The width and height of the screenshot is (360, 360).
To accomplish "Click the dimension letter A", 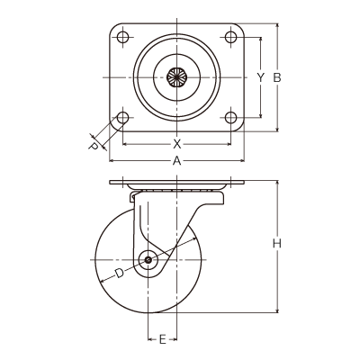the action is coord(177,161).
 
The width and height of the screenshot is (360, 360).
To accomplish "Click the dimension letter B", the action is coord(277,77).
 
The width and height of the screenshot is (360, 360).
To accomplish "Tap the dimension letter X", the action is coord(177,144).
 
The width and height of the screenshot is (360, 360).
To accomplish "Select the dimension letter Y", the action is coord(261,77).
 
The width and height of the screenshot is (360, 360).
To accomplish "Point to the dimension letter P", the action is coord(94,146).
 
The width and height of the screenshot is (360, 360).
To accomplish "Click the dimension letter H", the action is coord(277,244).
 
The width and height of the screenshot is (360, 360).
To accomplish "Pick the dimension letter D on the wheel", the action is coord(120,274).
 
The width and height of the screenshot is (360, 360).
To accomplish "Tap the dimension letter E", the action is coord(162,339).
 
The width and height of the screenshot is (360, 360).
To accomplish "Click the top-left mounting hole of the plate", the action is coord(122,37).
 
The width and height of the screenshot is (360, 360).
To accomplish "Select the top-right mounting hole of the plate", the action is coord(230,37).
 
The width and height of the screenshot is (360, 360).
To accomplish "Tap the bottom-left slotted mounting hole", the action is coord(122,118).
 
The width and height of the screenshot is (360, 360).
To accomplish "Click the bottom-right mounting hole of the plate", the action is coord(230,118).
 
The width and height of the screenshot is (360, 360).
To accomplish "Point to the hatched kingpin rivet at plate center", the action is coord(177,77).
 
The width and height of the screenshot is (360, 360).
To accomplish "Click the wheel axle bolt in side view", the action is coord(148,260).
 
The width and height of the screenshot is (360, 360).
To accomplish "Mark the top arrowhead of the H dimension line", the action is coord(277,184).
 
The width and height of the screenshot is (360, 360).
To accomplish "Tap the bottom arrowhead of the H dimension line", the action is coord(277,310).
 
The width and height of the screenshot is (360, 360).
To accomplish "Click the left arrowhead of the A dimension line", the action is coord(112,161).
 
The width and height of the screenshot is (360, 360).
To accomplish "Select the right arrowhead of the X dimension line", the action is coord(228,144).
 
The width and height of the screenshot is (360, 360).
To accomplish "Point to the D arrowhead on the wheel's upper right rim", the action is coord(194,238).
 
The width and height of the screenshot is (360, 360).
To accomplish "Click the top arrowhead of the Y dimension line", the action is coord(261,40).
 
